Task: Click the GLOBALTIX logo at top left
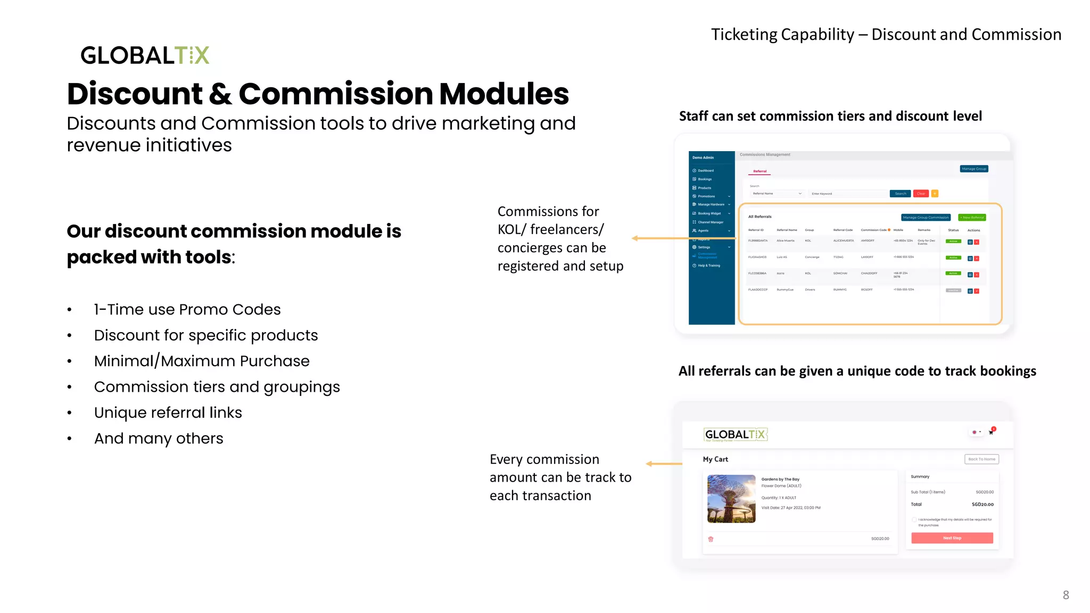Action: pos(145,55)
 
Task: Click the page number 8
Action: pos(1066,595)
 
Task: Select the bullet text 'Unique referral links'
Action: pos(168,412)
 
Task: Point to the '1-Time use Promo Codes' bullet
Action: pos(187,309)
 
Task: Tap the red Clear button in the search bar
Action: pos(921,194)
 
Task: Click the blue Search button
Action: pos(901,194)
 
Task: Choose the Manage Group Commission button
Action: pos(926,217)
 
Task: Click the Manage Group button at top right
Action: pos(974,169)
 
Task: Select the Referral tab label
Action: pos(759,171)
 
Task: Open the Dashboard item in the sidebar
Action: pos(706,171)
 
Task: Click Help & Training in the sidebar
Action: pos(708,266)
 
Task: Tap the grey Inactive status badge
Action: pos(953,291)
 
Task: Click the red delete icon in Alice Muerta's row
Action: pos(977,242)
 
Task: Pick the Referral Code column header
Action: pos(843,230)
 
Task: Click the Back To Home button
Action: pos(981,459)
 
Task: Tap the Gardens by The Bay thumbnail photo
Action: pos(731,499)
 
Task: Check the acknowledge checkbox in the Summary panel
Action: pos(914,519)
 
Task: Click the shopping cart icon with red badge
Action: pos(991,432)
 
